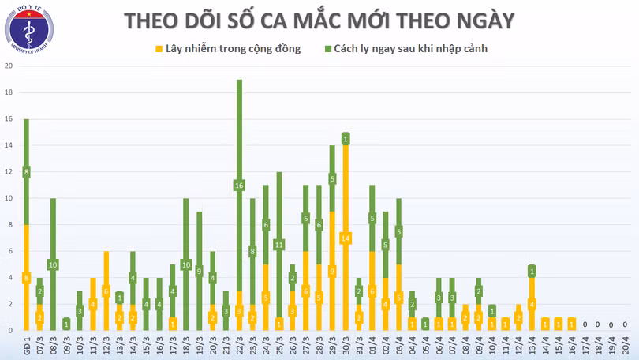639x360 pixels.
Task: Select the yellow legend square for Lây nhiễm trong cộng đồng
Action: [x=159, y=49]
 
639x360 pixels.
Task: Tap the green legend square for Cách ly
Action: [x=327, y=49]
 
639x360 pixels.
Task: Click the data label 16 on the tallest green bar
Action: [x=239, y=186]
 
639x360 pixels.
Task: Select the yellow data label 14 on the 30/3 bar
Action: [x=346, y=238]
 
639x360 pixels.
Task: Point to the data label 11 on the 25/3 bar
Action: [x=278, y=245]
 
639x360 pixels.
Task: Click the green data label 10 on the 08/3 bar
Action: [x=54, y=264]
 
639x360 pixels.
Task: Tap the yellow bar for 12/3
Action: [x=106, y=290]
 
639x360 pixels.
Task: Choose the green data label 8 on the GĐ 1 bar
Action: [x=27, y=172]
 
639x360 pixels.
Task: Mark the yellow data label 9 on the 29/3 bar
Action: [x=332, y=271]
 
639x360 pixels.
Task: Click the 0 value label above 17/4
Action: [x=585, y=324]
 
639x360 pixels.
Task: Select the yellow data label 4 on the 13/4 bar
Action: [x=532, y=304]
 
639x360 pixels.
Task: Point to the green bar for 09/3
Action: [x=66, y=324]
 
